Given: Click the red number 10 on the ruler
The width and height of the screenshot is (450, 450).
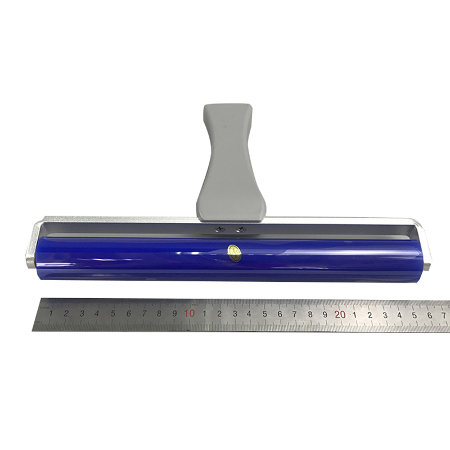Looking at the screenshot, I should pyautogui.click(x=190, y=314).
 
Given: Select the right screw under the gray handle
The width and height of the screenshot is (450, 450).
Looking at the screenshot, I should pyautogui.click(x=241, y=229).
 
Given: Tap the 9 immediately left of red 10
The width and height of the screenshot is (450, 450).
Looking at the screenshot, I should pyautogui.click(x=174, y=314).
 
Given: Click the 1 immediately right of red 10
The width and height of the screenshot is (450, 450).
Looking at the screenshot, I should pyautogui.click(x=204, y=314).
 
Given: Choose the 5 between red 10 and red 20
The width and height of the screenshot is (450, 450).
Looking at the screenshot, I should pyautogui.click(x=264, y=314).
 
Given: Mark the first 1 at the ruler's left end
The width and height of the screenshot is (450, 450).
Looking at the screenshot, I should pyautogui.click(x=51, y=313).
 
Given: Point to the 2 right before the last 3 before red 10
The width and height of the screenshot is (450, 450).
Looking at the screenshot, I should pyautogui.click(x=66, y=313).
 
